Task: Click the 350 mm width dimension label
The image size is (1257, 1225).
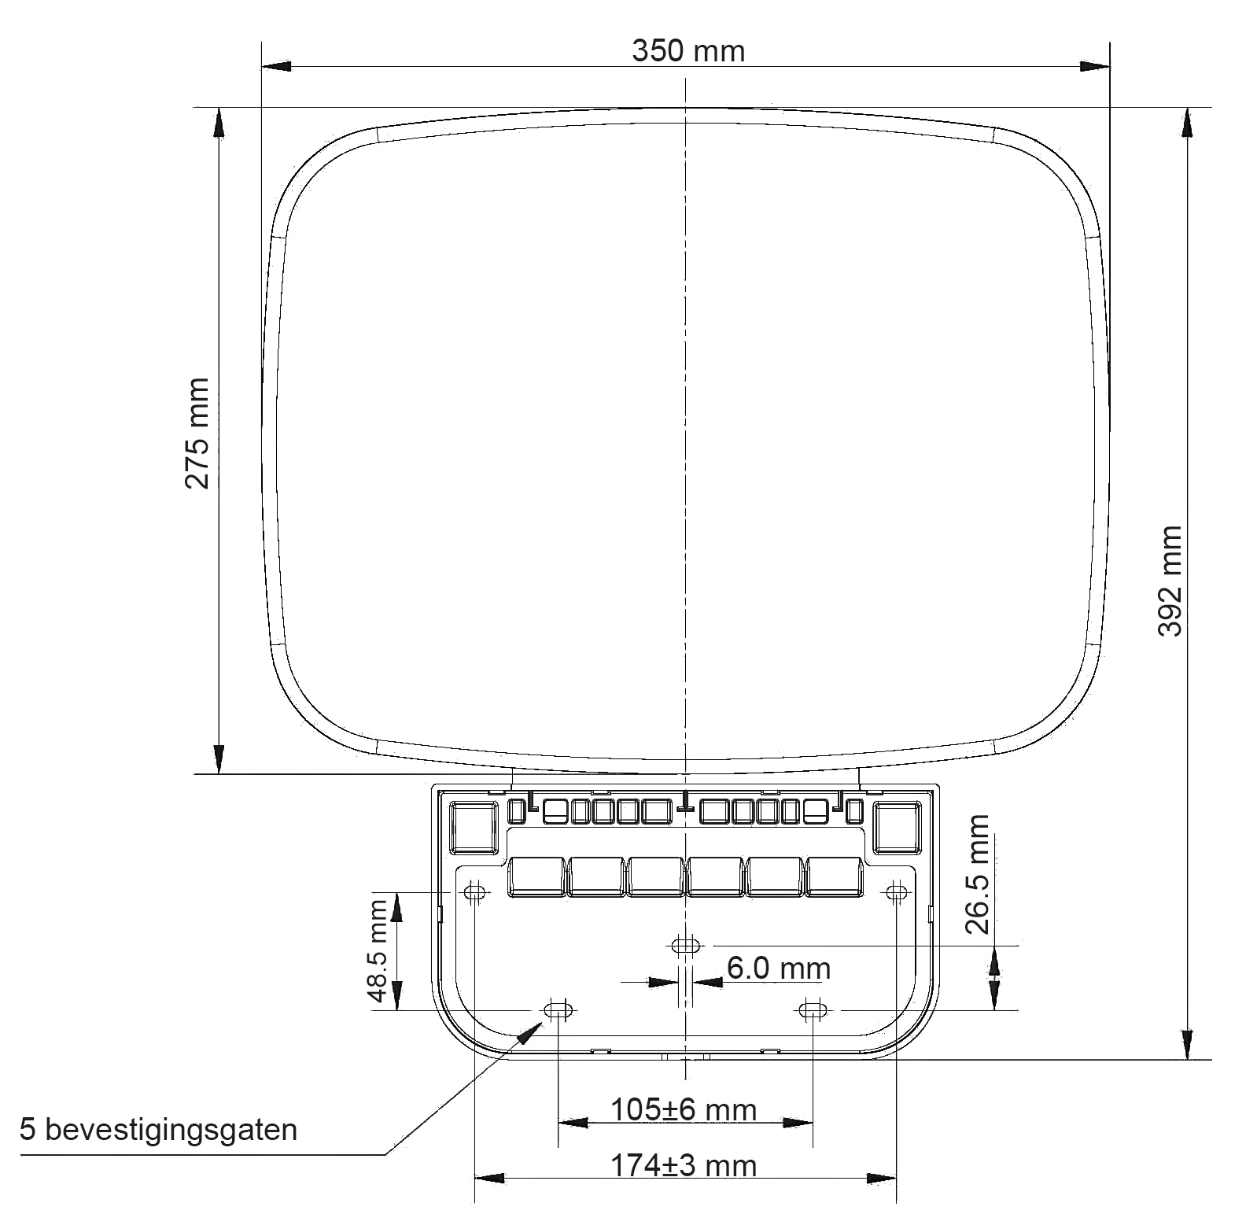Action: click(x=688, y=51)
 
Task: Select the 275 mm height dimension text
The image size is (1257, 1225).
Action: click(x=197, y=434)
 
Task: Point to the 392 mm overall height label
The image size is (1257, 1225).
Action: click(x=1170, y=581)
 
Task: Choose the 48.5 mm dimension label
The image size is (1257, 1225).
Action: click(x=379, y=951)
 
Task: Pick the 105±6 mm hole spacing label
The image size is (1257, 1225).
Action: click(x=684, y=1110)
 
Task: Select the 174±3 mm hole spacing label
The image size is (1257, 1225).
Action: click(x=684, y=1165)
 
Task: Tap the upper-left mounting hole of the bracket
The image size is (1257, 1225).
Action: click(x=474, y=892)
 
